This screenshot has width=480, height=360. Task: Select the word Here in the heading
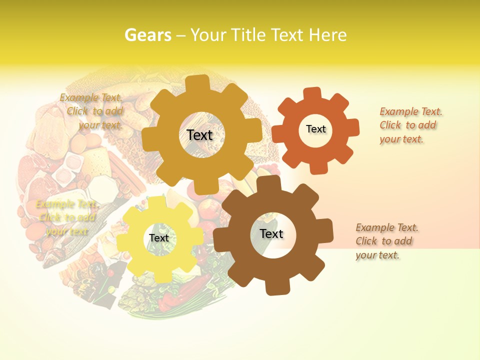(327, 35)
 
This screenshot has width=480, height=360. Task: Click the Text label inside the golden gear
(199, 135)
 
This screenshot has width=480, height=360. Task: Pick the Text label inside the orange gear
(315, 129)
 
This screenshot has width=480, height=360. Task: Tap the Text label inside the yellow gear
(159, 238)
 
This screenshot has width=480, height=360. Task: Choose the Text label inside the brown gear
(271, 233)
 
